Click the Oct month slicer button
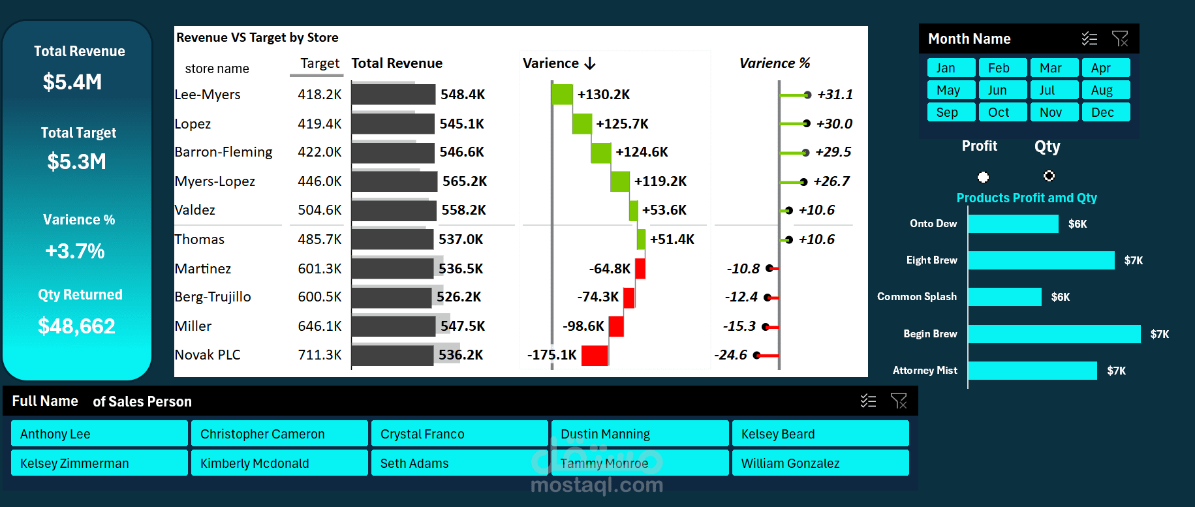coord(1003,112)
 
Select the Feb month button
coord(1003,68)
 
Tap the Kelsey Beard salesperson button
coord(820,434)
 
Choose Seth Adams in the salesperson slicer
coord(459,463)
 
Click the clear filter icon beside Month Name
coord(1120,39)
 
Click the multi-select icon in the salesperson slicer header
coord(868,401)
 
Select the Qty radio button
coord(1049,176)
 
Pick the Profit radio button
coord(983,177)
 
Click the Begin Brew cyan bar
coord(1054,334)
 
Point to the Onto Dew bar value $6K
coord(1078,224)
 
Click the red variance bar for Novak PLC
coord(595,356)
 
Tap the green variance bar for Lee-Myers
coord(562,95)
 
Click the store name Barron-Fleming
coord(223,152)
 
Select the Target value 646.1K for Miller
coord(320,326)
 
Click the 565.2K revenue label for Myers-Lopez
coord(465,181)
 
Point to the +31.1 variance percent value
coord(835,95)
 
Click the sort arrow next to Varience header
coord(590,63)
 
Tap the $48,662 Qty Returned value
coord(76,326)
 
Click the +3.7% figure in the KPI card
coord(75,251)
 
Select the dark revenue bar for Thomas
coord(392,239)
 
